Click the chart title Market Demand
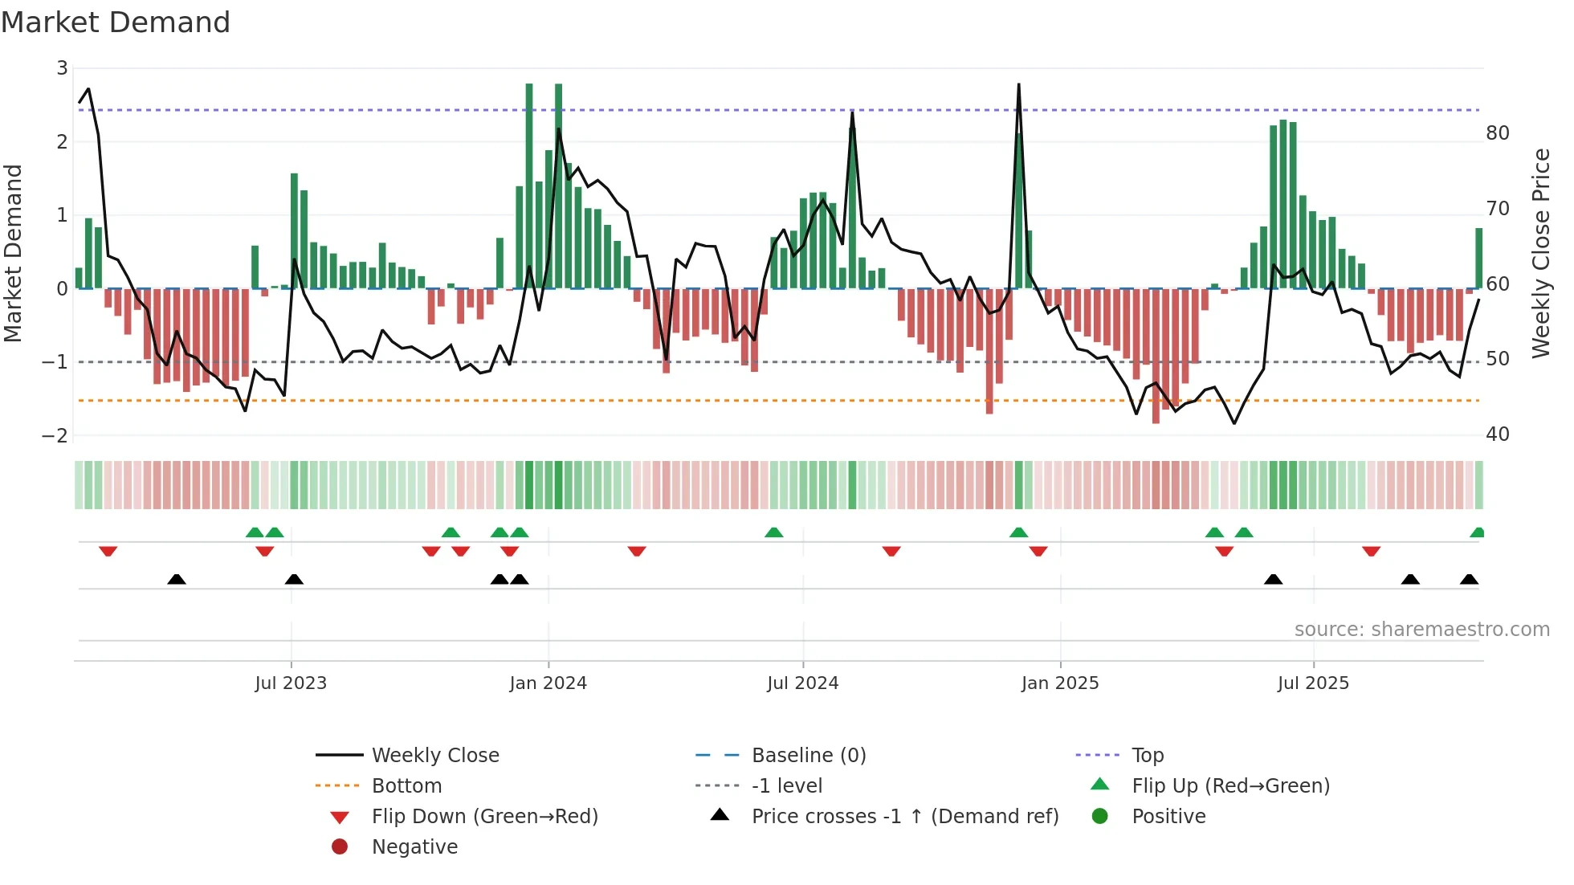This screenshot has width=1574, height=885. coord(116,22)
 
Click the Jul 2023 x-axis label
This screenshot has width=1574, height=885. coord(291,683)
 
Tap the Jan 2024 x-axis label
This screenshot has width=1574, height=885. coord(548,683)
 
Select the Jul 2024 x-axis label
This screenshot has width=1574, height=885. coord(802,683)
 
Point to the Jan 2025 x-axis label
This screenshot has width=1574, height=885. coord(1059,683)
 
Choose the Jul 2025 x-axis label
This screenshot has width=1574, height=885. coord(1313,683)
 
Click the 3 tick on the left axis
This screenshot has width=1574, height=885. coord(62,68)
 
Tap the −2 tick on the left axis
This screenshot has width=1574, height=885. coord(55,435)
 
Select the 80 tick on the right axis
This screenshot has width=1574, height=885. coord(1497,133)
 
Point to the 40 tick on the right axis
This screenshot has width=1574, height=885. coord(1497,434)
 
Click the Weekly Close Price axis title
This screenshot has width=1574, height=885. coord(1540,253)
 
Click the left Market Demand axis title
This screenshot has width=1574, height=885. coord(14,253)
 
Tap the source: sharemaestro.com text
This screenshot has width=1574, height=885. coord(1421,630)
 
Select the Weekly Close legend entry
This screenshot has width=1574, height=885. coord(434,756)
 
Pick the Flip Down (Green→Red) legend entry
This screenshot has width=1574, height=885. coord(484,817)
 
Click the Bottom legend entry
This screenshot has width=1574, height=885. coord(406,786)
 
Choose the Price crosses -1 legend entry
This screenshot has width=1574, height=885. coord(904,817)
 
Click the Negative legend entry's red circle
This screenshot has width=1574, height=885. coord(340,847)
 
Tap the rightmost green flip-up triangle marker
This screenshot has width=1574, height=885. coord(1478,532)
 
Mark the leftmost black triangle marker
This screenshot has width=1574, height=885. coord(177,580)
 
